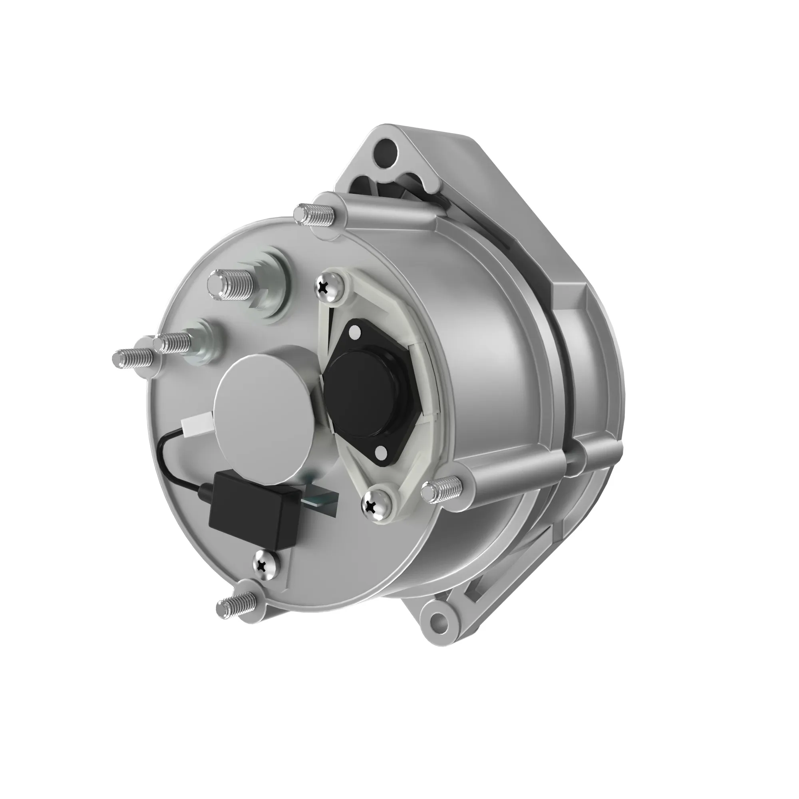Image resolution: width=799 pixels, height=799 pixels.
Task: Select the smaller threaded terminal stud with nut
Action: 174,342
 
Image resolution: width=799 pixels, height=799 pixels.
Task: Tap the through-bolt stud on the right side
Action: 442,491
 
